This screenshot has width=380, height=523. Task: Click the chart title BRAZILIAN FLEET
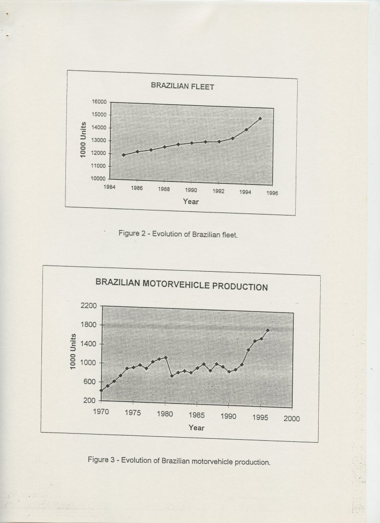pos(182,86)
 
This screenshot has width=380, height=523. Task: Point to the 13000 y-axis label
pos(99,140)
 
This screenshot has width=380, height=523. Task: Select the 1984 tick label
pos(109,188)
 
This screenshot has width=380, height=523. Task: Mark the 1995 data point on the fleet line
pos(260,118)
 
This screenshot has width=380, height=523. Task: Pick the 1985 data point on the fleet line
pos(123,155)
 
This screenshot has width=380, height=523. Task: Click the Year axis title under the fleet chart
pos(191,202)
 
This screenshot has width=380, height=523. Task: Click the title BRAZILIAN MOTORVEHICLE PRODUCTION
pos(181,284)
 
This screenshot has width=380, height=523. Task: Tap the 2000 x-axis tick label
pos(292,418)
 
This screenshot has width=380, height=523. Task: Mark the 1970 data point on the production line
pos(101,390)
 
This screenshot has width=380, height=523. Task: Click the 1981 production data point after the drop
pos(172,376)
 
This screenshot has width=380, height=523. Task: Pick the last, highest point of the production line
pos(268,330)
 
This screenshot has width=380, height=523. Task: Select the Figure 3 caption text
pos(179,461)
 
